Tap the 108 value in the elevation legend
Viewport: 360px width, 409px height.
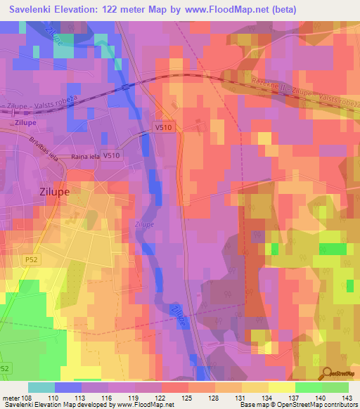click(27, 398)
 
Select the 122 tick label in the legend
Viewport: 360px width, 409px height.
click(162, 398)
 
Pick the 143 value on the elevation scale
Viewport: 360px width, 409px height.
click(347, 398)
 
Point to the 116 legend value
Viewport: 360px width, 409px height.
click(108, 398)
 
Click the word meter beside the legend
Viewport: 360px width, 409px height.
click(12, 398)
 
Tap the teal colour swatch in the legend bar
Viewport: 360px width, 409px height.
click(41, 387)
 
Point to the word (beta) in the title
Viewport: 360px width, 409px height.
click(281, 9)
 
